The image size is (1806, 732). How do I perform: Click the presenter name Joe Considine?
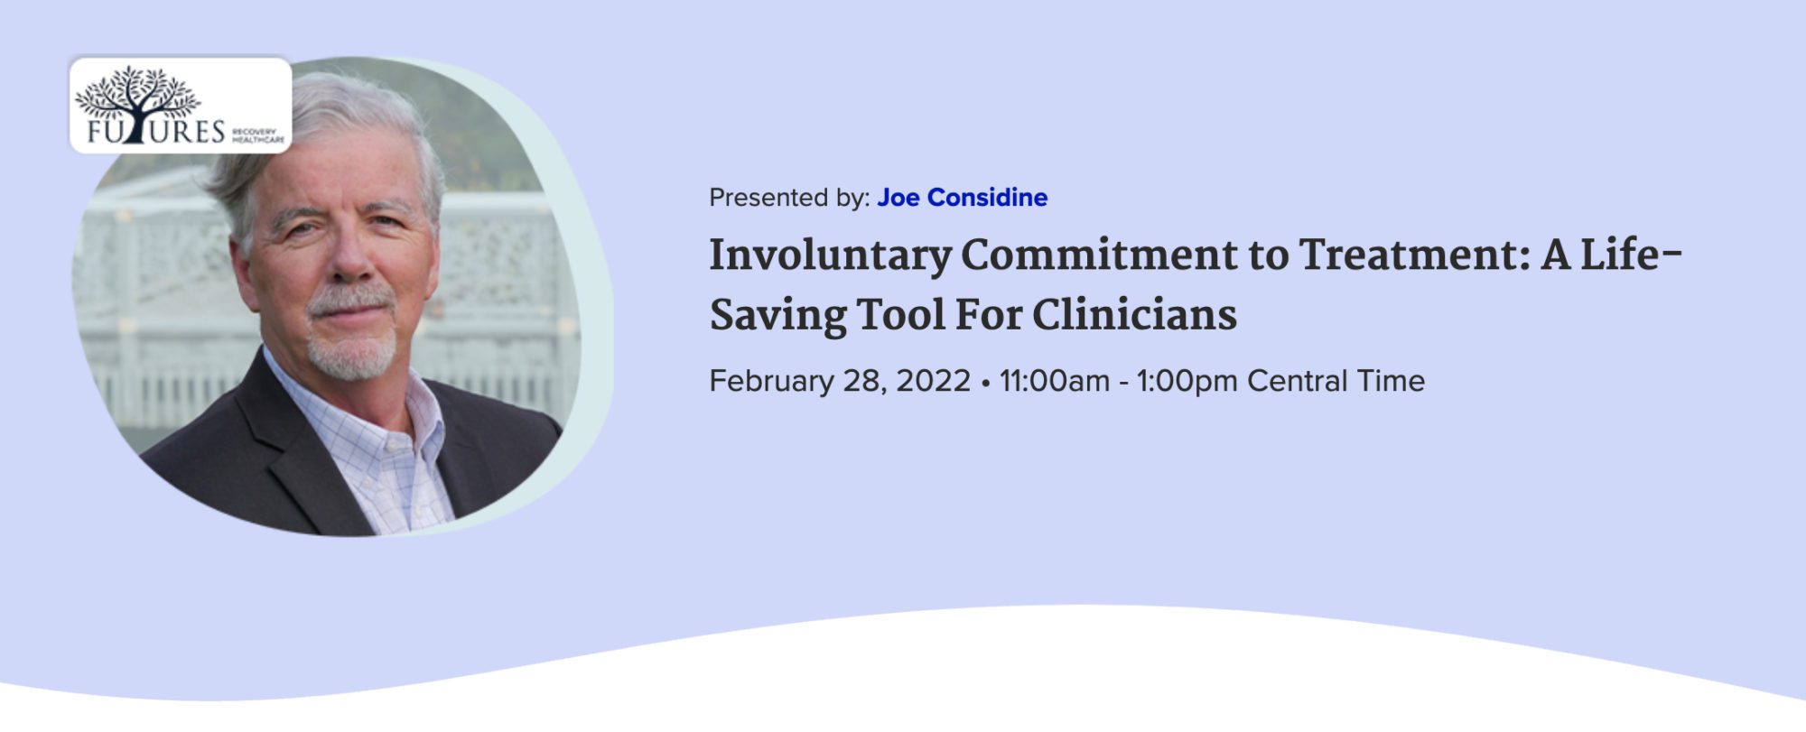[962, 198]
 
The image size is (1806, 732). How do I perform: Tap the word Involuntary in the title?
[829, 255]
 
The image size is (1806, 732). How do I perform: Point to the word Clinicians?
[1134, 315]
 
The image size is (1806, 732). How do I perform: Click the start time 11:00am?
[1054, 381]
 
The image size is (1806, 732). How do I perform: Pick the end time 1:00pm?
[1186, 382]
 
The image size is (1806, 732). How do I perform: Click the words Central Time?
[1336, 381]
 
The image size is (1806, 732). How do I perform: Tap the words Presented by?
[789, 198]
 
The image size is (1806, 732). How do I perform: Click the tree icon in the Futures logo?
[136, 101]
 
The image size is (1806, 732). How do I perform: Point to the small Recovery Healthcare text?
[258, 135]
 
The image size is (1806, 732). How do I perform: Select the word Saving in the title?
[777, 315]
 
